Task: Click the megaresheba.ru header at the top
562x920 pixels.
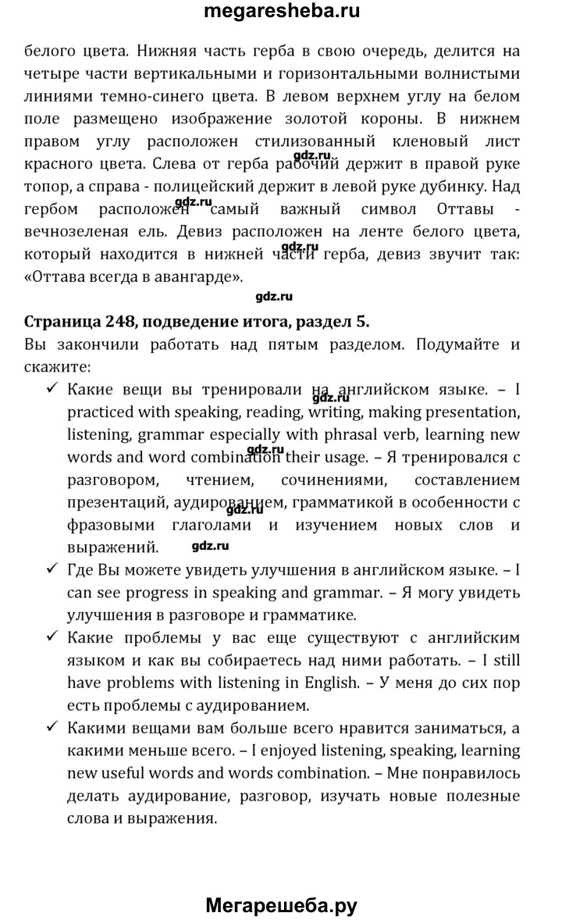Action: [x=282, y=12]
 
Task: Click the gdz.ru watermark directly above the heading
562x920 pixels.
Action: [x=274, y=297]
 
